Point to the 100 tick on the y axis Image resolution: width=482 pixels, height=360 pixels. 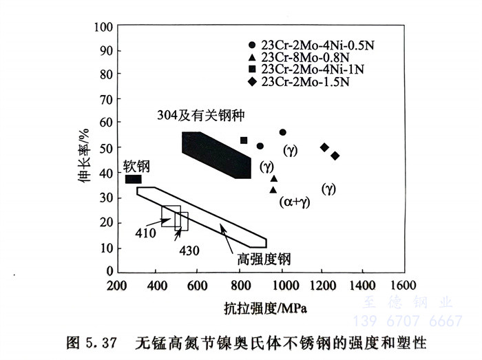pyautogui.click(x=103, y=28)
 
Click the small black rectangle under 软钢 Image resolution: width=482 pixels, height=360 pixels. pyautogui.click(x=134, y=179)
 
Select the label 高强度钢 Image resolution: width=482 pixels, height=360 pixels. pyautogui.click(x=264, y=260)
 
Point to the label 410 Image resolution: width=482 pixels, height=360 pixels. pyautogui.click(x=145, y=233)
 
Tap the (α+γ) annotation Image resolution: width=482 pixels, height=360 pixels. pyautogui.click(x=296, y=202)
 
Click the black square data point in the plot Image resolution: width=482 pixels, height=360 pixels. pyautogui.click(x=244, y=140)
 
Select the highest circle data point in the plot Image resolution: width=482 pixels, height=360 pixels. pyautogui.click(x=282, y=132)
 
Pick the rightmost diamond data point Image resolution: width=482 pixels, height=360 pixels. pyautogui.click(x=335, y=156)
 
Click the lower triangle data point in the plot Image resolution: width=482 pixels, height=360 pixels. pyautogui.click(x=273, y=189)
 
